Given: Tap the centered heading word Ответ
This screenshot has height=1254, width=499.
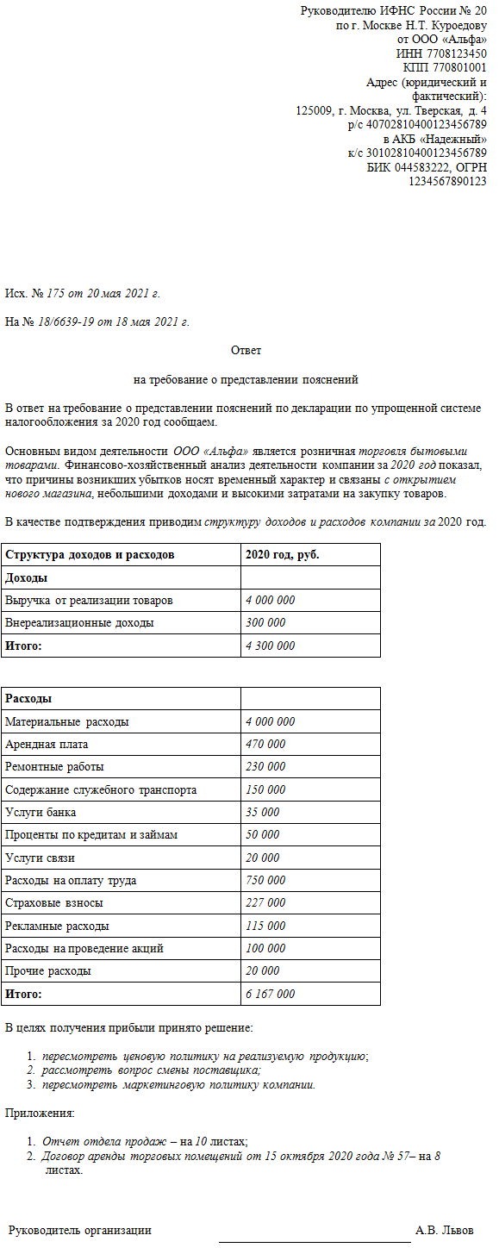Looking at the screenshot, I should (x=246, y=351).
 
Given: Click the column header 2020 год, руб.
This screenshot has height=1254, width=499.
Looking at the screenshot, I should (x=283, y=555).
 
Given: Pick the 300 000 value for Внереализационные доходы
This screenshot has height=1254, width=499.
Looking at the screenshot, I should (x=265, y=622).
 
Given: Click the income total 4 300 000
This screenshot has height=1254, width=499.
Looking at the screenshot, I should (x=270, y=646).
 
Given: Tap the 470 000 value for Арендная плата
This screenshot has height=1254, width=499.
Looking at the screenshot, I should (x=265, y=744).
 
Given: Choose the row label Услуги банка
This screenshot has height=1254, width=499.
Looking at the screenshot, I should (x=41, y=812).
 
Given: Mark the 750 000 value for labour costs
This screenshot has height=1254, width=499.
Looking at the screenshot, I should (x=265, y=880).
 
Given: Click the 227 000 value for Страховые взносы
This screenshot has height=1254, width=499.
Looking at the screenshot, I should (x=265, y=903).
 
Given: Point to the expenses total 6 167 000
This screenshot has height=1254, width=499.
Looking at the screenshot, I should (x=270, y=994).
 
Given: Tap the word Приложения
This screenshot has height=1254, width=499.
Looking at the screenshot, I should (x=40, y=1113).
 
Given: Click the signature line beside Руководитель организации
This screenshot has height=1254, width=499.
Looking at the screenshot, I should (x=315, y=1241).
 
